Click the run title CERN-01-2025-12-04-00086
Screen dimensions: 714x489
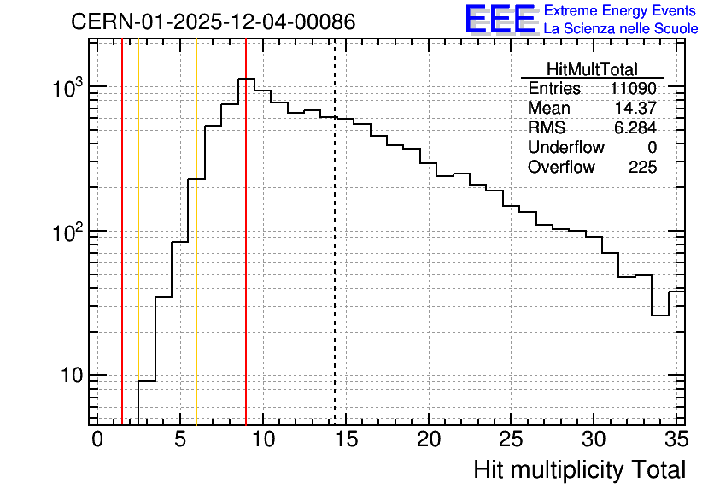(x=214, y=21)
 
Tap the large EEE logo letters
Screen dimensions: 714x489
(x=500, y=19)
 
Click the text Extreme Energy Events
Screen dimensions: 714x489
(x=620, y=10)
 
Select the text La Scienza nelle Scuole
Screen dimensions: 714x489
(x=621, y=28)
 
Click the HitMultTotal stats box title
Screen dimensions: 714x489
(x=592, y=69)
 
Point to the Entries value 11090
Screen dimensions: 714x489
(x=633, y=88)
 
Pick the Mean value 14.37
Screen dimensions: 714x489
(x=635, y=108)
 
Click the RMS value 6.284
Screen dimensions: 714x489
(x=635, y=127)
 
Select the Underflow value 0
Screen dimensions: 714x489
(x=652, y=147)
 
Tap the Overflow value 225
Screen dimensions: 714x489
(x=642, y=167)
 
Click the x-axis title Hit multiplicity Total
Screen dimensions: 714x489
(x=580, y=469)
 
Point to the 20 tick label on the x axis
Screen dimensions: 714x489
(x=429, y=439)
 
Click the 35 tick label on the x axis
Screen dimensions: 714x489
(x=676, y=439)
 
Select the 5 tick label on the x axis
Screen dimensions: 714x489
(x=180, y=439)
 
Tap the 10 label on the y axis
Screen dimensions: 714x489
(x=73, y=375)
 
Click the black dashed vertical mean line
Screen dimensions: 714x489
(x=335, y=232)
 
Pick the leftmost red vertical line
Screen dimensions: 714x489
(x=122, y=232)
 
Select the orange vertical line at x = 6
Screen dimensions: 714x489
(x=196, y=232)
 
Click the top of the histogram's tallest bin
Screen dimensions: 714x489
(x=246, y=79)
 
